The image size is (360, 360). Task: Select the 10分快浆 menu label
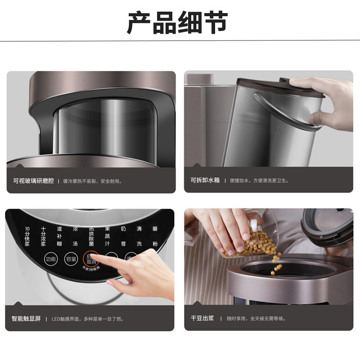click(x=27, y=236)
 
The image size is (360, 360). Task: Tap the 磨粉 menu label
click(x=155, y=236)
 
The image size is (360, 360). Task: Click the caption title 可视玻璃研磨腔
click(x=33, y=180)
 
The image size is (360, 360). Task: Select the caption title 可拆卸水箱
click(x=205, y=180)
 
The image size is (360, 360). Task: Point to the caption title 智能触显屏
click(x=27, y=319)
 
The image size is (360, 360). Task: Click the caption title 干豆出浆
click(x=202, y=319)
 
